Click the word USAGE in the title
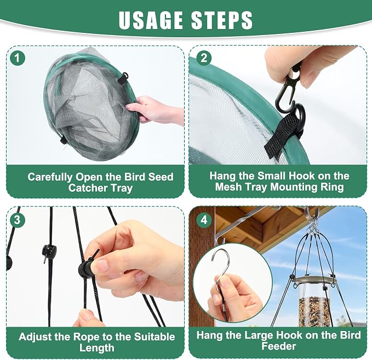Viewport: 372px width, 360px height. pyautogui.click(x=151, y=20)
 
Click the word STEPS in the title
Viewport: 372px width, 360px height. pyautogui.click(x=222, y=20)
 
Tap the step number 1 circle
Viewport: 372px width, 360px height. pyautogui.click(x=18, y=58)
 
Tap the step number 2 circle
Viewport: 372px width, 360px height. pyautogui.click(x=204, y=58)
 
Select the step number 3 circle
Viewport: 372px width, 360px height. pyautogui.click(x=18, y=220)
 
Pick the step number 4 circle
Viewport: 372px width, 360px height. pyautogui.click(x=204, y=220)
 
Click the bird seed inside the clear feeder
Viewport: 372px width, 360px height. pyautogui.click(x=314, y=311)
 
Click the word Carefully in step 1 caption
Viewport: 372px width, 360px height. pyautogui.click(x=50, y=177)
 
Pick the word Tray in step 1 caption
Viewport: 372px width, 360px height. pyautogui.click(x=122, y=188)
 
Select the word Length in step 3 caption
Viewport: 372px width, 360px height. pyautogui.click(x=97, y=348)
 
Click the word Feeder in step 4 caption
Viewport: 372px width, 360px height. pyautogui.click(x=279, y=346)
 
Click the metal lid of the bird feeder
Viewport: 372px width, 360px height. pyautogui.click(x=313, y=279)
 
